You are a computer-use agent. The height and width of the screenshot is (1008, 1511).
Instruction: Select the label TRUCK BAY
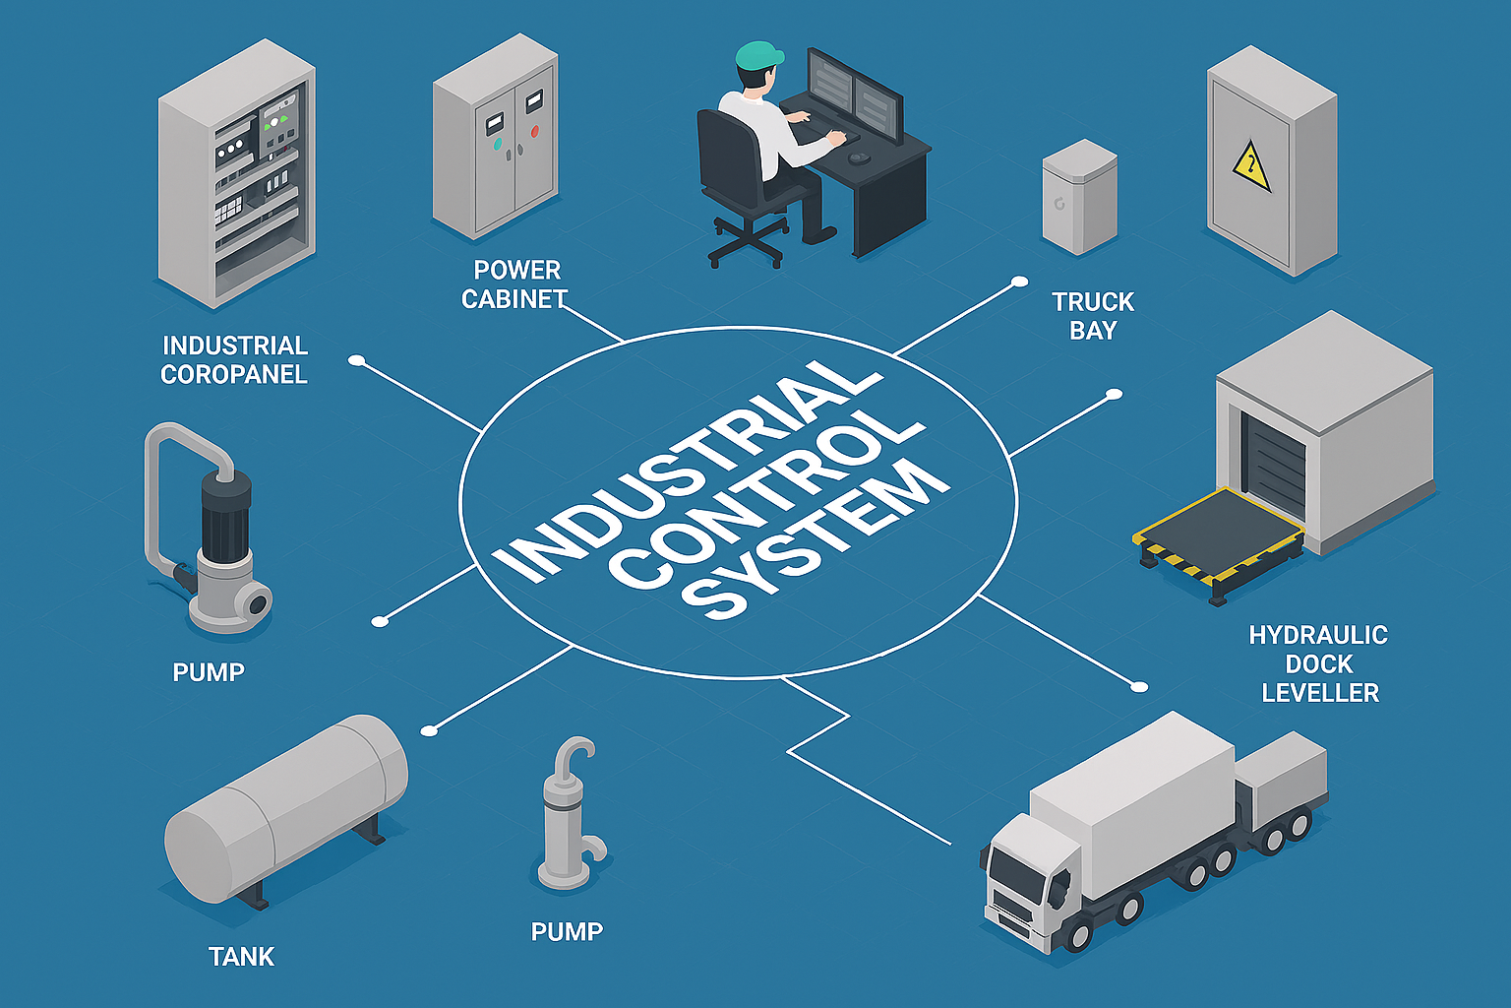pos(1092,316)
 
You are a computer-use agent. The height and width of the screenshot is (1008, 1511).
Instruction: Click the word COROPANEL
pos(234,375)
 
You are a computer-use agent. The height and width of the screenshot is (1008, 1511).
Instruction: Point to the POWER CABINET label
pos(515,284)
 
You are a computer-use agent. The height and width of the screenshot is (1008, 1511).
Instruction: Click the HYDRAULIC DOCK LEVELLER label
pos(1318,663)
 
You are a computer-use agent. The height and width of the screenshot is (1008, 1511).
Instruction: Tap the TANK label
pos(241,957)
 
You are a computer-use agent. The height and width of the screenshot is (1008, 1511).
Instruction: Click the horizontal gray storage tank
pos(285,807)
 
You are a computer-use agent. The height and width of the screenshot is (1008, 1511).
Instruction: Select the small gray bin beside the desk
pos(1079,197)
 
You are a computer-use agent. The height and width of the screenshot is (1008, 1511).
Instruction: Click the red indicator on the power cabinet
pos(534,131)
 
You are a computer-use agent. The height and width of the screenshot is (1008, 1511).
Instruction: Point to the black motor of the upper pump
pos(226,512)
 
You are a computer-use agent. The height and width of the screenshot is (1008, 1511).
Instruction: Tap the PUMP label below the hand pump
pos(567,931)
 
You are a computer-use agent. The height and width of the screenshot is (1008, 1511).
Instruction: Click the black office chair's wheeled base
pos(748,242)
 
